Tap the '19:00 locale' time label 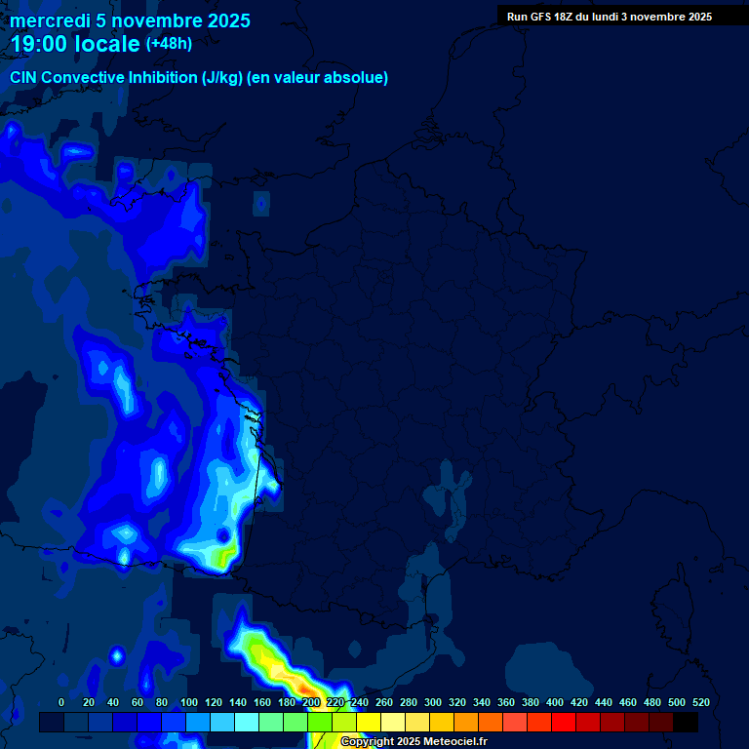point(76,44)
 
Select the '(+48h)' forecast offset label point(169,44)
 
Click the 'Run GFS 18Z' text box point(609,17)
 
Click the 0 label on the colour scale point(61,702)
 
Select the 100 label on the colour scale point(189,702)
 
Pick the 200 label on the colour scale point(311,702)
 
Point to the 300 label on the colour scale point(433,702)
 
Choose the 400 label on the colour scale point(555,702)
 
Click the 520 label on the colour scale point(700,702)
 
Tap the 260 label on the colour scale point(384,702)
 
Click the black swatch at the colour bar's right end point(686,722)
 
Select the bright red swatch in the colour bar point(564,722)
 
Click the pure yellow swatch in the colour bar point(369,722)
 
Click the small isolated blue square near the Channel point(260,203)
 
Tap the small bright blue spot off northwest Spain point(116,655)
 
